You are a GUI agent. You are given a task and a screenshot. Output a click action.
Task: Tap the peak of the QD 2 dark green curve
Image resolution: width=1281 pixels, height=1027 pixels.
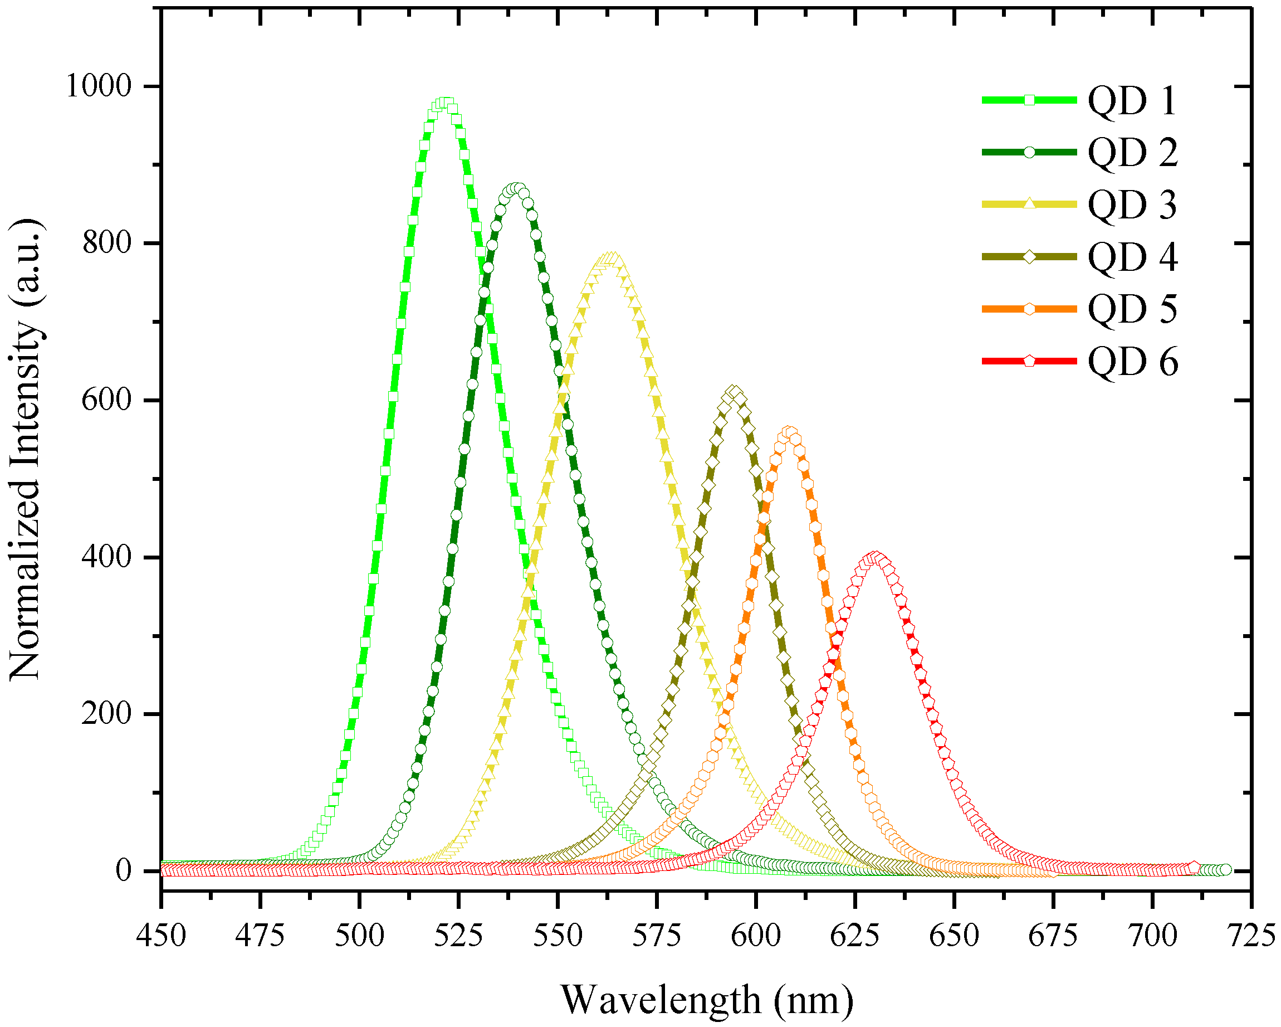coord(515,189)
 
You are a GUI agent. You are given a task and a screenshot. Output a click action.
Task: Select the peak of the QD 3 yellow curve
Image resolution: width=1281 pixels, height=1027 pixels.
coord(611,257)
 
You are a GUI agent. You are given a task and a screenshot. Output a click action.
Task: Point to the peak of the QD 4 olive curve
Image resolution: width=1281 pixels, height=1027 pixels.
coord(735,392)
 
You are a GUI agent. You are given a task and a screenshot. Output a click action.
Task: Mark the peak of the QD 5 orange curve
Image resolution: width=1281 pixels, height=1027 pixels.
coord(789,432)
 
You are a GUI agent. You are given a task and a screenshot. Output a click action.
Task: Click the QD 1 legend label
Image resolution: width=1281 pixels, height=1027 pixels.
coord(1132,100)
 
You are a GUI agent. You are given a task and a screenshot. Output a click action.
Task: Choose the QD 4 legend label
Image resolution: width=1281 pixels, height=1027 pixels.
coord(1132,257)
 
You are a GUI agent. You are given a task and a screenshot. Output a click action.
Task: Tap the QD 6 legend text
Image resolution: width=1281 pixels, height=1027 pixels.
coord(1132,362)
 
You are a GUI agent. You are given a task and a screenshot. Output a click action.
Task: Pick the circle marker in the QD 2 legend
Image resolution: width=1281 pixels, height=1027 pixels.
coord(1030,152)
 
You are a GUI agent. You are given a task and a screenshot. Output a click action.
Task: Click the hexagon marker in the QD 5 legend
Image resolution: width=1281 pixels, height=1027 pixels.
coord(1030,309)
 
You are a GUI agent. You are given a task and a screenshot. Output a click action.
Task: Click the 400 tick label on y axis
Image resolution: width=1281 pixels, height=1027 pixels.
coord(106,557)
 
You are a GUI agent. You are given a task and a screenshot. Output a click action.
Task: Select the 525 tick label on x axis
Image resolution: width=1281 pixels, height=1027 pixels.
coord(458,936)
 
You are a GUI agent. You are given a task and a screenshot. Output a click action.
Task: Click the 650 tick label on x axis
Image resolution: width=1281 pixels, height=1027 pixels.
coord(954,936)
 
